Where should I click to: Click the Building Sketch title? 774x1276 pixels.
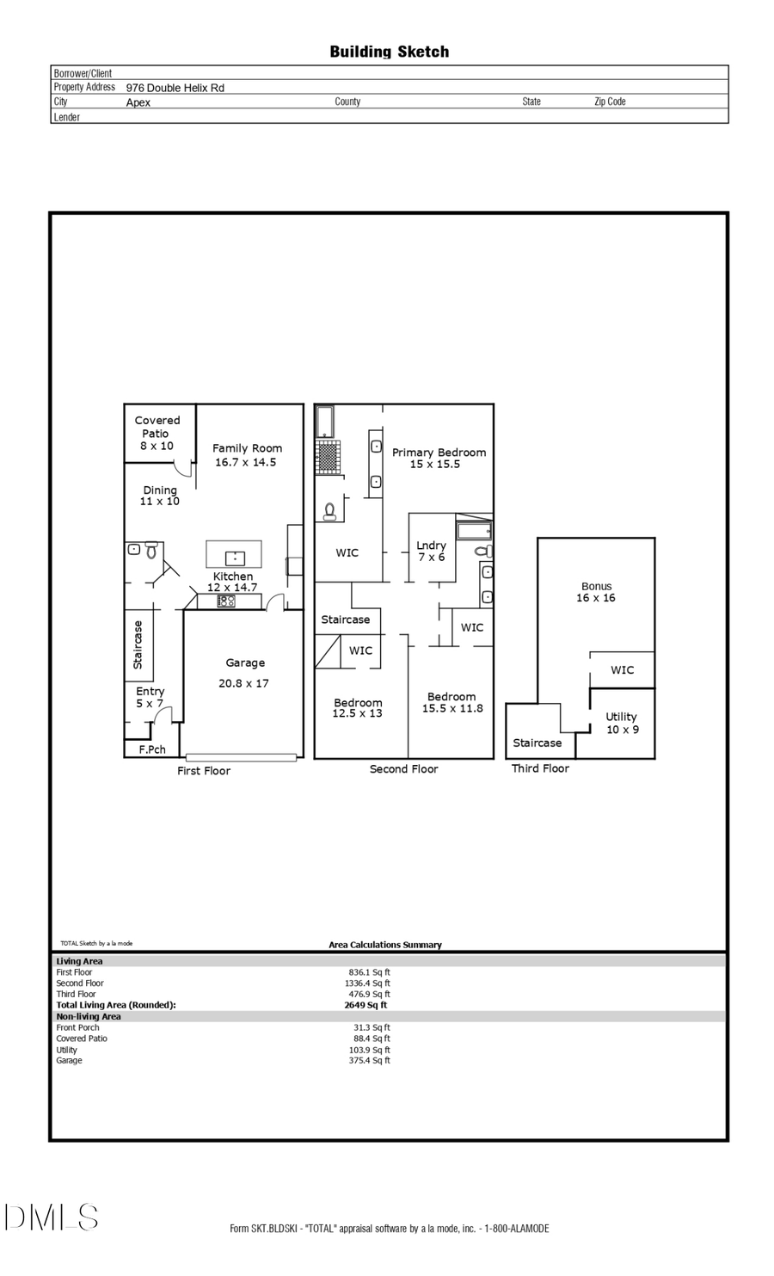(389, 52)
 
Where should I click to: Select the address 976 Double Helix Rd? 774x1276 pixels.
(175, 88)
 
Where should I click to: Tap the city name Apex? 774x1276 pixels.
(138, 102)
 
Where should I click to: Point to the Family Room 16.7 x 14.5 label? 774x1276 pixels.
(247, 455)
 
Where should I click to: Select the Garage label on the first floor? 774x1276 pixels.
(245, 663)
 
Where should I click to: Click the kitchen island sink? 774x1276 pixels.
(234, 556)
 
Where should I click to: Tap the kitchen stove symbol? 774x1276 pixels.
(226, 601)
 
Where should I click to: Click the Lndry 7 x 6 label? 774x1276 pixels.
(431, 551)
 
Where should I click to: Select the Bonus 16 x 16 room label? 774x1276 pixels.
(596, 592)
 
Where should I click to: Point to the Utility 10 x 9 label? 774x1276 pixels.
(621, 723)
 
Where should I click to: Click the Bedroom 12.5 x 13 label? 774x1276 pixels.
(358, 708)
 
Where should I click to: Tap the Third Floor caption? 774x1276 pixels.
(540, 768)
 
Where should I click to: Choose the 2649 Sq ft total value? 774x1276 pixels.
(365, 1005)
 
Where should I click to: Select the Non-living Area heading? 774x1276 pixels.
(89, 1016)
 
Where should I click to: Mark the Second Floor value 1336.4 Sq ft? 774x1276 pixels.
(367, 983)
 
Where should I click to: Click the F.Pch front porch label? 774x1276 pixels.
(152, 749)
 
